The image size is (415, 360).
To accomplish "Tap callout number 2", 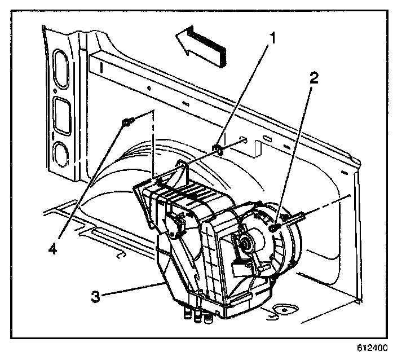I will pos(314,77).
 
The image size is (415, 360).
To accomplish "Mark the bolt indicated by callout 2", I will pos(273,227).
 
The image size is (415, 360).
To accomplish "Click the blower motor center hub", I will pos(246,243).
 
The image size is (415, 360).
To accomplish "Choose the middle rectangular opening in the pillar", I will pos(60,112).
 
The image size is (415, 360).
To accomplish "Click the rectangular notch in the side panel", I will pos(256,148).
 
